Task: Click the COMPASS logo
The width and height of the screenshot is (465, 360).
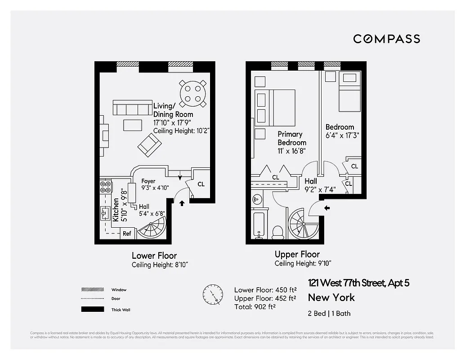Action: coord(386,39)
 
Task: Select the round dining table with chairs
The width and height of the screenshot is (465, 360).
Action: coord(193,93)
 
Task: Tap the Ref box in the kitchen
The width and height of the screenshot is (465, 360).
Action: coord(127,234)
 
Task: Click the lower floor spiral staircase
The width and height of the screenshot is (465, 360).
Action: coord(153,229)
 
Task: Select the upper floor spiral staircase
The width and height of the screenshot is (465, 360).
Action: coord(302,224)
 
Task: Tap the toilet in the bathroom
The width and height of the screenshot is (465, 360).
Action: coord(277,232)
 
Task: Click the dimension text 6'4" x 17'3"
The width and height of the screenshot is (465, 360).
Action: coord(342,135)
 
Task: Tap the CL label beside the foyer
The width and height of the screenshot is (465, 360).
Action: coord(201,184)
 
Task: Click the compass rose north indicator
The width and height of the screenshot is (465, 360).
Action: coord(213,294)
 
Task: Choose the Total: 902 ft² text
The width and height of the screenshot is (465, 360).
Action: coord(255,306)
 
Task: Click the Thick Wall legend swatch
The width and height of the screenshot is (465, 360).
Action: coord(92,310)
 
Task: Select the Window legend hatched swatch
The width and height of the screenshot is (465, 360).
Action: coord(92,289)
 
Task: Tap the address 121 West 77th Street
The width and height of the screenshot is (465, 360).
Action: coord(358,283)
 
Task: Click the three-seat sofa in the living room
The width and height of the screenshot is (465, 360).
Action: coord(131,108)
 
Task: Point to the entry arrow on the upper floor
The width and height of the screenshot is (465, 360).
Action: coord(327,208)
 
